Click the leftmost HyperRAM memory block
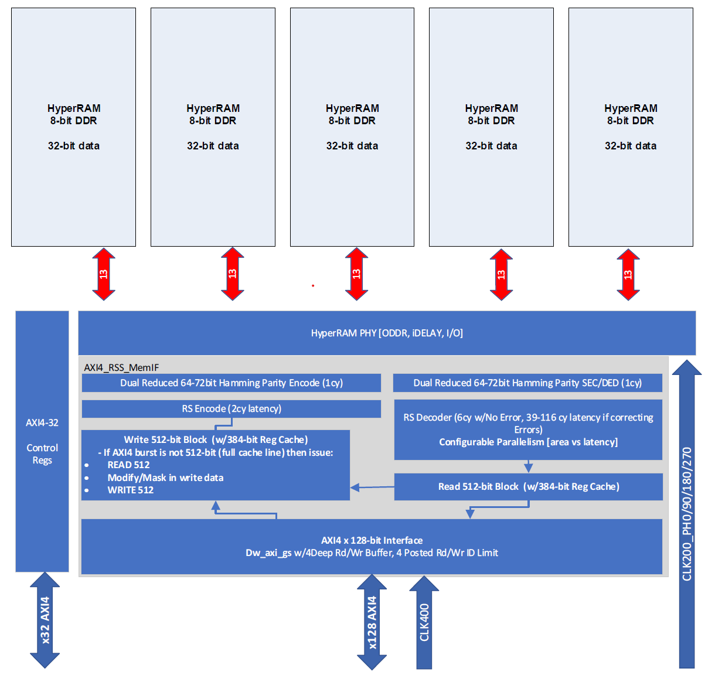(73, 127)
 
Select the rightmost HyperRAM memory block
(631, 127)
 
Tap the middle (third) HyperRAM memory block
(352, 127)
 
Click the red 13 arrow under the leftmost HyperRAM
(104, 274)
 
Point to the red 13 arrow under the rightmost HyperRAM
(628, 274)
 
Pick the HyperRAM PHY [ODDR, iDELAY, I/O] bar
(387, 333)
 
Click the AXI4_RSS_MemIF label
(121, 367)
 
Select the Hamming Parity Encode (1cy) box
(231, 383)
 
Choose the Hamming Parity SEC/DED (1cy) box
(527, 383)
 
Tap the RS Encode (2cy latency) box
(231, 409)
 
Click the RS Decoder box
(528, 429)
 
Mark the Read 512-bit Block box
(529, 487)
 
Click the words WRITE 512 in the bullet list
(131, 490)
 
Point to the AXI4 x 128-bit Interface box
(372, 547)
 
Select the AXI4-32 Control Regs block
(42, 441)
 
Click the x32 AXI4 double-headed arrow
(45, 620)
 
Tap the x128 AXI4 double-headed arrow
(372, 622)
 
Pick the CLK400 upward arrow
(424, 623)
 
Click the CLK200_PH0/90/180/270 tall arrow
(687, 514)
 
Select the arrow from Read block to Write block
(372, 487)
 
